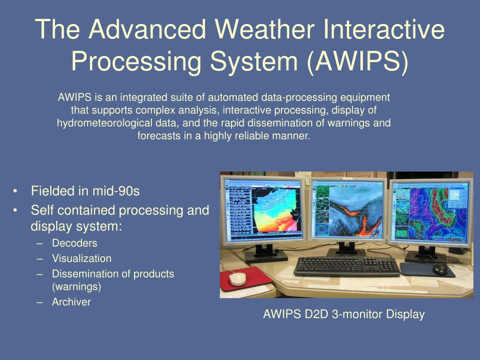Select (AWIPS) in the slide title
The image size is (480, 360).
tap(358, 60)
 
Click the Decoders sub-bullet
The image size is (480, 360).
tap(75, 243)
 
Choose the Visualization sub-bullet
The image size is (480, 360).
tap(82, 258)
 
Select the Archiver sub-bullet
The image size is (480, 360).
tap(71, 302)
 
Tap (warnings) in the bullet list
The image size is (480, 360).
tap(76, 286)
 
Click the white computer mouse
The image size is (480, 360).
tap(237, 278)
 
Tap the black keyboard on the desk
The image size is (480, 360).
tap(346, 266)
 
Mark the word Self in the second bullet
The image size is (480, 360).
tap(41, 210)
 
